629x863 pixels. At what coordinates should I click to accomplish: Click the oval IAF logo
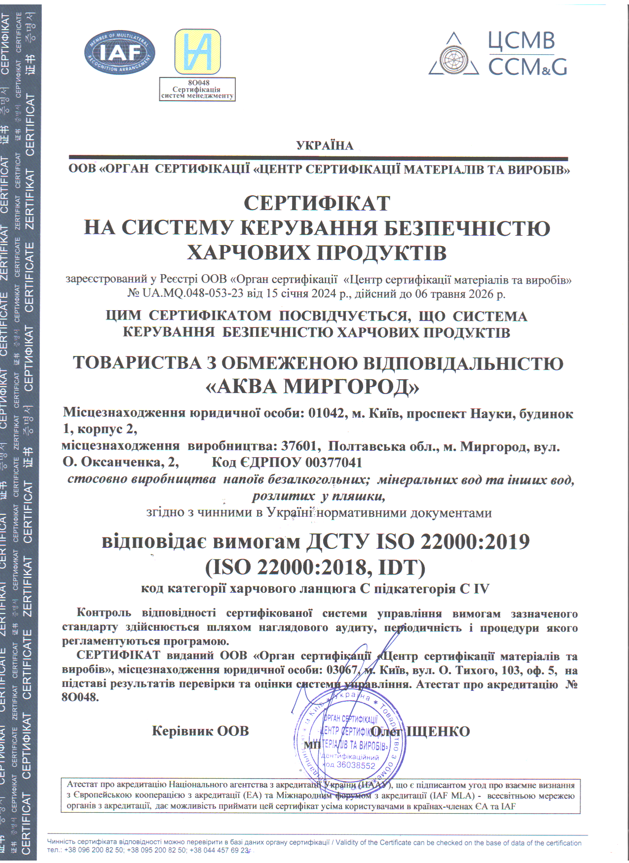click(x=120, y=53)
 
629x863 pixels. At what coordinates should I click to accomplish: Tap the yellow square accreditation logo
click(x=197, y=52)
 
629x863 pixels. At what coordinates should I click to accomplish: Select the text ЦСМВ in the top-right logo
click(x=521, y=41)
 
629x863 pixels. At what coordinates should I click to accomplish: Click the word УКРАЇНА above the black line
click(x=325, y=145)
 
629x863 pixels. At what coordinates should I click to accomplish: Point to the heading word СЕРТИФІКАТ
click(x=317, y=203)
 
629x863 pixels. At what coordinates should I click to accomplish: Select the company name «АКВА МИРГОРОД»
click(x=312, y=387)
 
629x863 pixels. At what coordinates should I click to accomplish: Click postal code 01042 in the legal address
click(x=326, y=413)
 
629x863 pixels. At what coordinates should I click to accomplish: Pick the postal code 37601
click(x=298, y=447)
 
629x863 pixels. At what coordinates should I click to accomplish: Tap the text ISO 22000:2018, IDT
click(x=315, y=568)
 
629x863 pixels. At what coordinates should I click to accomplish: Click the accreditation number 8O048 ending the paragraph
click(x=80, y=697)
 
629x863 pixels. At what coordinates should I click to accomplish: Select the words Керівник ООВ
click(x=200, y=731)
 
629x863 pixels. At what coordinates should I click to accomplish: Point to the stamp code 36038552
click(x=356, y=765)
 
